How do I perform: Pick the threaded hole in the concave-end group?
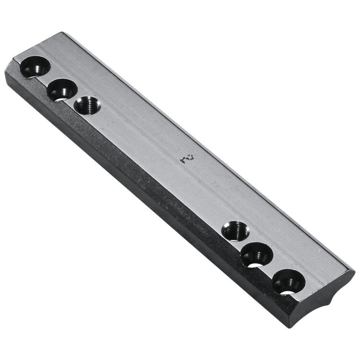(x=235, y=230)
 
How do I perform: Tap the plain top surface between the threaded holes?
(x=158, y=158)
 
